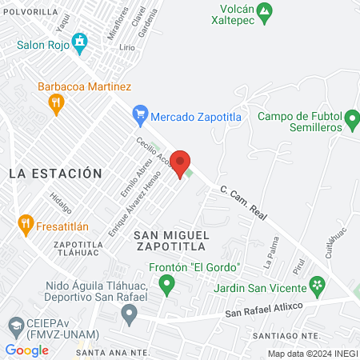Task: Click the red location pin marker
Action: [x=182, y=163]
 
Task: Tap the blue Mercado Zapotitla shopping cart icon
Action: [x=141, y=115]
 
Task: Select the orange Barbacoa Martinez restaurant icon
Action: [x=55, y=102]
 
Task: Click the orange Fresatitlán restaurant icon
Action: [x=25, y=225]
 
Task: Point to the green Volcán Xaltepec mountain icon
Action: [x=268, y=10]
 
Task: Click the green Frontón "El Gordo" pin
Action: [x=166, y=282]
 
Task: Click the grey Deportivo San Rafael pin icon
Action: [x=129, y=314]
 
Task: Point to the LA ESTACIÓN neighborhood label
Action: [x=56, y=173]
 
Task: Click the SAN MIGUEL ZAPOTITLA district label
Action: [x=171, y=241]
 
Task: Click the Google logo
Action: [x=26, y=350]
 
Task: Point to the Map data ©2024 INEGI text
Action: [x=312, y=354]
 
